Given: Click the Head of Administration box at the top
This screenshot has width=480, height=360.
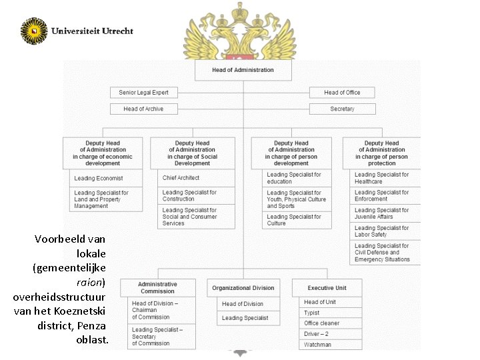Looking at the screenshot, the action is [243, 70].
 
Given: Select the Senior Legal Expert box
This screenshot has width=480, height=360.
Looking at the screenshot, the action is [143, 93].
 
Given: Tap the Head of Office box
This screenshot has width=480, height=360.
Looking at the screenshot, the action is [342, 93].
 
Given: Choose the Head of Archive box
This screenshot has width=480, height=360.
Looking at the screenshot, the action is [143, 109].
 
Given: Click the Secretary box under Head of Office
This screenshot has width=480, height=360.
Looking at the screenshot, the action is [342, 109].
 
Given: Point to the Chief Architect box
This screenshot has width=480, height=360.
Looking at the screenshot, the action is [193, 178].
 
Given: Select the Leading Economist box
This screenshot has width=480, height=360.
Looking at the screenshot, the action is [103, 179].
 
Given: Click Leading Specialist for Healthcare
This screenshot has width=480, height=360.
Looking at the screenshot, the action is [382, 178].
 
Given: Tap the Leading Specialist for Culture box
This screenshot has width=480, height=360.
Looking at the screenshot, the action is [291, 220].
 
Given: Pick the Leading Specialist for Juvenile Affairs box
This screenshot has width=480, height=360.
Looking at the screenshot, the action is [382, 213].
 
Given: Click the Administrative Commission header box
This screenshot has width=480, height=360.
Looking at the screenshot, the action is [157, 287].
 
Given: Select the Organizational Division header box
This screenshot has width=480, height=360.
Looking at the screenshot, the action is [243, 288].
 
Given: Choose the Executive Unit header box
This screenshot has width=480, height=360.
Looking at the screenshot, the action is [327, 288].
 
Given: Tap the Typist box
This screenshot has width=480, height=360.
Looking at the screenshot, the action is [331, 313].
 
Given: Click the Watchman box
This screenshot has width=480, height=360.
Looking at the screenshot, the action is [331, 345].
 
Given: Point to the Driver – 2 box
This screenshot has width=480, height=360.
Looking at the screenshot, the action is [331, 334].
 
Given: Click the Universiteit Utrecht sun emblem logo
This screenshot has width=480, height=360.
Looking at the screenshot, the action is [34, 31].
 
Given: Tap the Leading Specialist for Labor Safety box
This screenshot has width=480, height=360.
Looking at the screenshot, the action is [382, 231].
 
